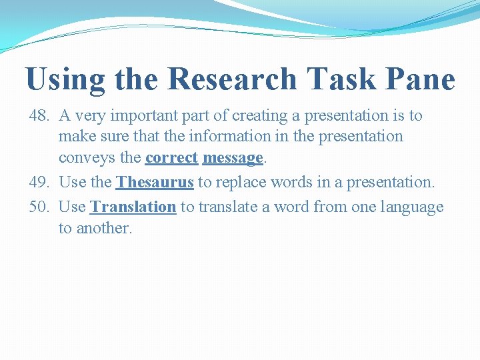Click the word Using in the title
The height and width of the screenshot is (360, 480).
pyautogui.click(x=65, y=79)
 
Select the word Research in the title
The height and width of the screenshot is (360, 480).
pyautogui.click(x=232, y=79)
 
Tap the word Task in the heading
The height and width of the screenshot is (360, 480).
pyautogui.click(x=342, y=79)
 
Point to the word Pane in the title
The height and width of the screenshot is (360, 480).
pyautogui.click(x=421, y=79)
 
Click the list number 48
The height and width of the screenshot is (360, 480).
pyautogui.click(x=39, y=116)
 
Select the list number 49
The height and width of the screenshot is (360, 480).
pyautogui.click(x=39, y=182)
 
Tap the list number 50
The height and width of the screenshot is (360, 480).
pyautogui.click(x=39, y=207)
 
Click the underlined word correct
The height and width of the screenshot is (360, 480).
pyautogui.click(x=171, y=158)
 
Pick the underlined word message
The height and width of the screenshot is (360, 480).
pyautogui.click(x=233, y=158)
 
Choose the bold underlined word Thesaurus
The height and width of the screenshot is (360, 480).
pyautogui.click(x=155, y=182)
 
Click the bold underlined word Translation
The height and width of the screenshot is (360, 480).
pyautogui.click(x=133, y=207)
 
